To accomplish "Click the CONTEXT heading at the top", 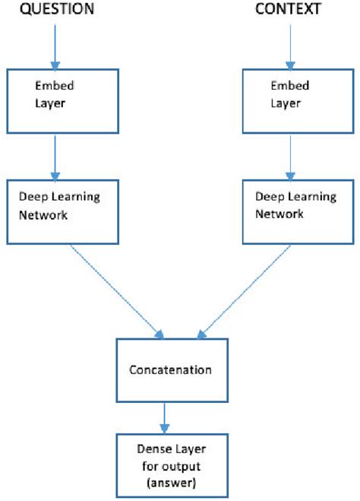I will tap(287, 9).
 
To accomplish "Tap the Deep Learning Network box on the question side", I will tap(59, 212).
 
